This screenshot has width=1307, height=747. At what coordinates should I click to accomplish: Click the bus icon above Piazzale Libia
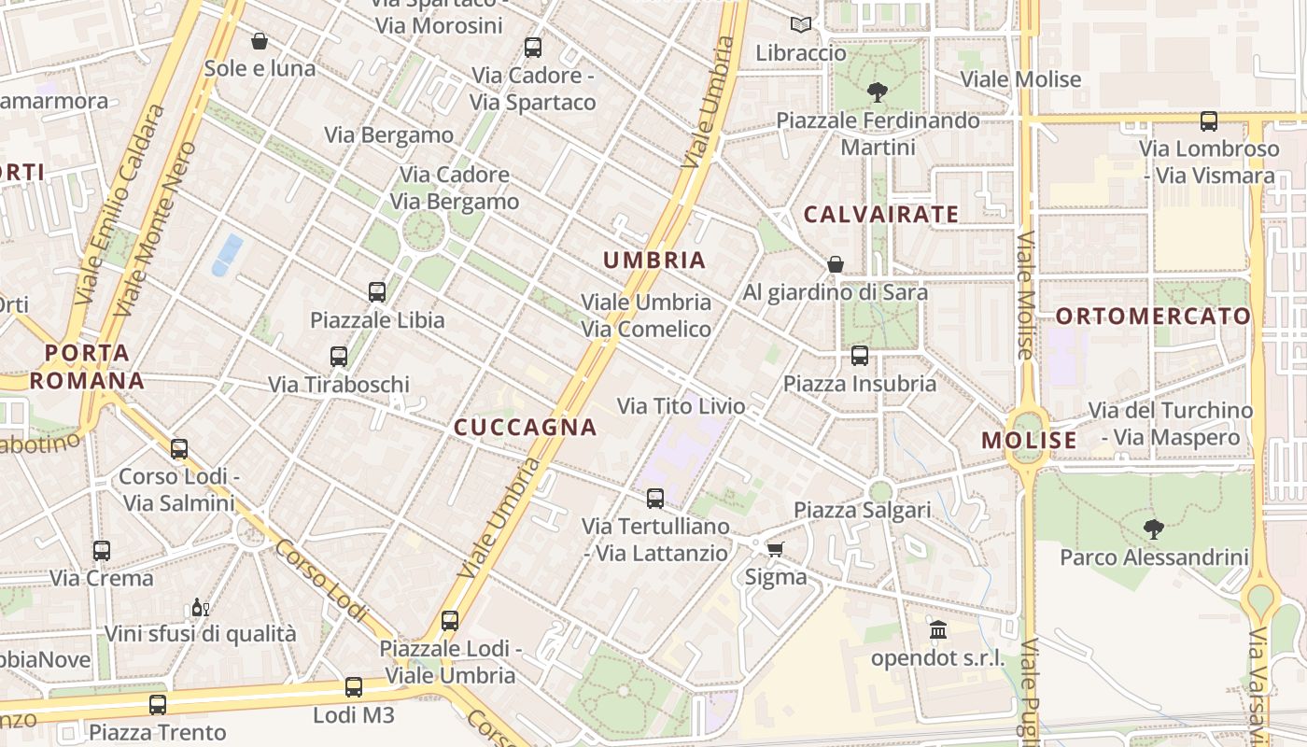tap(377, 292)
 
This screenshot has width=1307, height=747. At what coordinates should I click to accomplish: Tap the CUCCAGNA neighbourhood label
tap(525, 428)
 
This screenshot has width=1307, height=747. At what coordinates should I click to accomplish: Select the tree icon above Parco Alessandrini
tap(1154, 529)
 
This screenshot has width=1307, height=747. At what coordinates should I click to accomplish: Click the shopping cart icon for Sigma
tap(775, 549)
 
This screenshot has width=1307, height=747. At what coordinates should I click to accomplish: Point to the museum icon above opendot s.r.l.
tap(938, 630)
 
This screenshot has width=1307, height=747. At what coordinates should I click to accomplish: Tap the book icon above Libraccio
tap(800, 25)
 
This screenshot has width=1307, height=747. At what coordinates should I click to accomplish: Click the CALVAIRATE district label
tap(881, 215)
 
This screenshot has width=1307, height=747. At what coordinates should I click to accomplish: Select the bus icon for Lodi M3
tap(354, 687)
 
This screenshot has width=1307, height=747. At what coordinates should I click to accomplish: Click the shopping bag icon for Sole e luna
tap(260, 41)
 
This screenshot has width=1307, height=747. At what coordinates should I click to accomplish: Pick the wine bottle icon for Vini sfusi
tap(200, 608)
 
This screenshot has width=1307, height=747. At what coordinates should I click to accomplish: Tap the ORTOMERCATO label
tap(1153, 316)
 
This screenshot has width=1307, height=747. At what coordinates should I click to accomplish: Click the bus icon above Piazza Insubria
tap(860, 356)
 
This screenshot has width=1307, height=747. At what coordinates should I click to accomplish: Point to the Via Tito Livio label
tap(682, 406)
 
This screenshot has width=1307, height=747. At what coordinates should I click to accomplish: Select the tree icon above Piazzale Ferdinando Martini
tap(877, 92)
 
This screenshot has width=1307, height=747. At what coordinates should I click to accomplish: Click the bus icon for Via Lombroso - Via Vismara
tap(1209, 120)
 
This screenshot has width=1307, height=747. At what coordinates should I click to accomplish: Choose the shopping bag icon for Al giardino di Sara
tap(836, 264)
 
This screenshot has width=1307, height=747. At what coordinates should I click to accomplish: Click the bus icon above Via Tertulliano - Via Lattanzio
tap(655, 499)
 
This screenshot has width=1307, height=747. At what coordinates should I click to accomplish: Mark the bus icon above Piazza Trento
tap(158, 705)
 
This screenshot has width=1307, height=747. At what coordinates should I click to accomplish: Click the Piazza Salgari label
tap(862, 510)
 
